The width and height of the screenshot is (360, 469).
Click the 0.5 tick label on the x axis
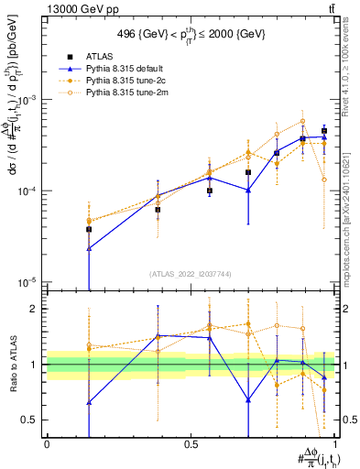(x=191, y=444)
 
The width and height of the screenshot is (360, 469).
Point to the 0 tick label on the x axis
(x=47, y=444)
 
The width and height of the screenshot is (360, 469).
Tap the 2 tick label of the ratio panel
(x=36, y=309)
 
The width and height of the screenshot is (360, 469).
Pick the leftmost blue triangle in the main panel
(x=89, y=248)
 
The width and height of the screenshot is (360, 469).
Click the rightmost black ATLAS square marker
(x=323, y=131)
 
